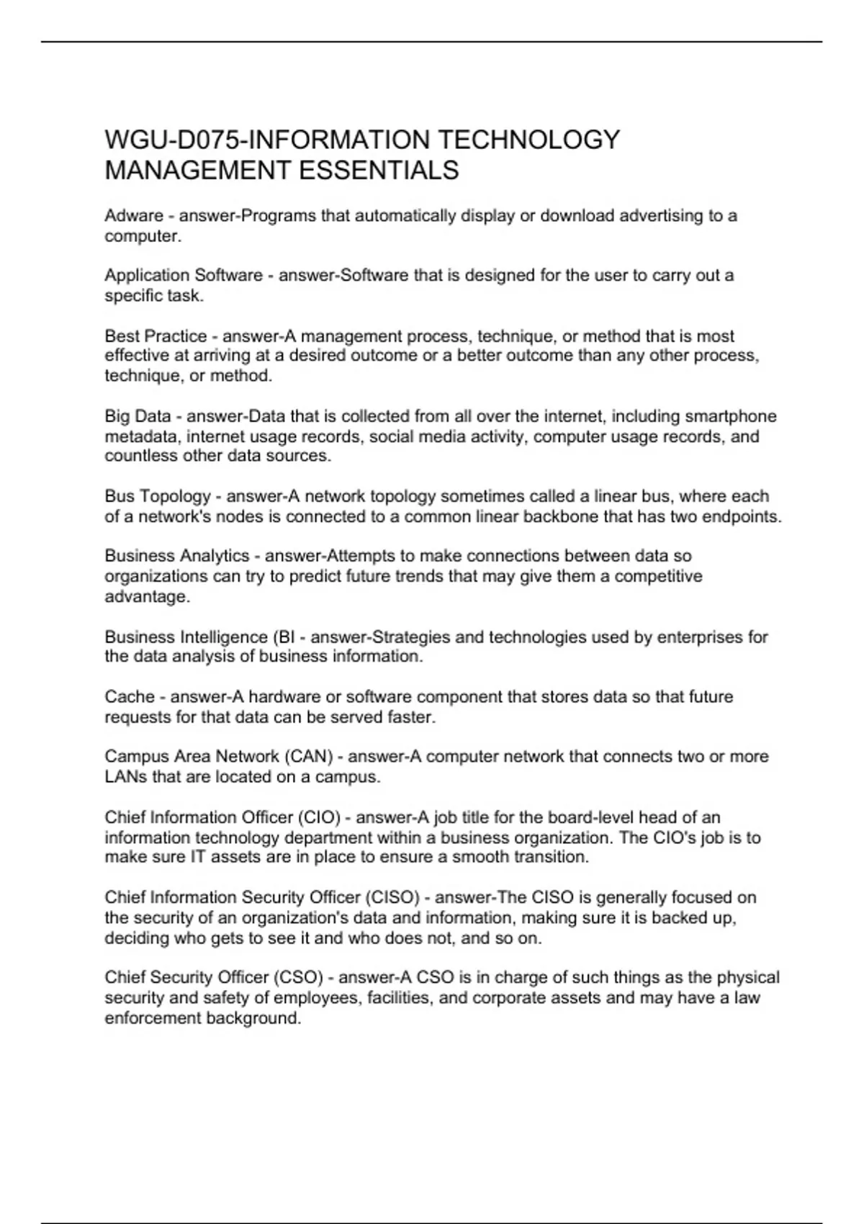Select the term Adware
[134, 216]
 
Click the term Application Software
[184, 276]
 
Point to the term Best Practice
[156, 336]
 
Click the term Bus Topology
[158, 496]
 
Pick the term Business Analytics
[176, 556]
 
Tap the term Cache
[130, 697]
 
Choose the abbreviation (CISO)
[392, 898]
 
